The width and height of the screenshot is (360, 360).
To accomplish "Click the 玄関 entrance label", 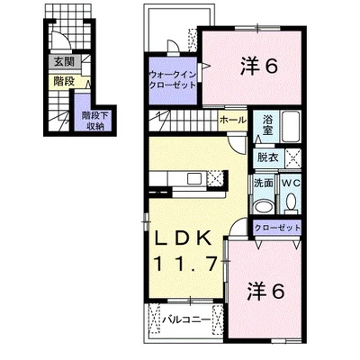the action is click(x=64, y=62).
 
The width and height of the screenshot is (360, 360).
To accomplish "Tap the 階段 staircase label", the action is click(x=64, y=81).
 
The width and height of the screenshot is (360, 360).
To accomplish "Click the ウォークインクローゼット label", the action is click(x=173, y=79).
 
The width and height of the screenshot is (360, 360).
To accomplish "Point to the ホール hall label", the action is click(x=233, y=120).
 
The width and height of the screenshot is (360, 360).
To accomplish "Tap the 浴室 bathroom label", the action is click(x=267, y=125).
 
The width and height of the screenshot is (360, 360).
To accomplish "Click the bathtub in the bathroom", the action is click(x=291, y=126).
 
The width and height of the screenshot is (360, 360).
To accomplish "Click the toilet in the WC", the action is click(x=291, y=202).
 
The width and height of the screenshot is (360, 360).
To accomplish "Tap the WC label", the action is click(x=291, y=183).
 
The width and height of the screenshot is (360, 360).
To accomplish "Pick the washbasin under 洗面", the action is click(x=264, y=206).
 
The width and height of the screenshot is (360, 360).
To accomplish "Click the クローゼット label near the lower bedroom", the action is click(x=277, y=228).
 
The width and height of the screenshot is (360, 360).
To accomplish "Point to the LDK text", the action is click(x=182, y=238).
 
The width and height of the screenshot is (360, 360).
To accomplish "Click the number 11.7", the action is click(x=185, y=264).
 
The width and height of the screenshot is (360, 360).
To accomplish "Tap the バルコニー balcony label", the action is click(x=186, y=319).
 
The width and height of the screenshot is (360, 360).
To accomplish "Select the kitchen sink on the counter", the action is click(x=193, y=179).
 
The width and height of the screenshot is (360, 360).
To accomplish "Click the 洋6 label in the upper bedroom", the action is click(x=258, y=67).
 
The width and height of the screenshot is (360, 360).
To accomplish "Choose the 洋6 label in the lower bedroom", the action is click(x=265, y=292).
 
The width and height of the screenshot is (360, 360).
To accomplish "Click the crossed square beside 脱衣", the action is click(x=292, y=157).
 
